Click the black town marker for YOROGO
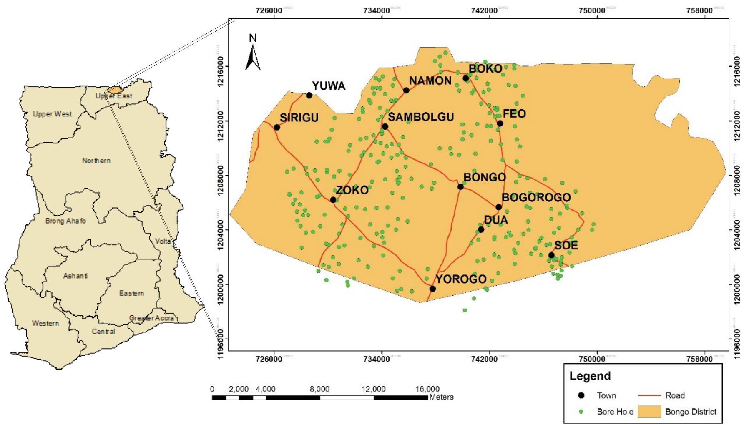click(432, 289)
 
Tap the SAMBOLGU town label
click(421, 117)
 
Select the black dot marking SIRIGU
click(277, 127)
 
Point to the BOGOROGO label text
click(536, 197)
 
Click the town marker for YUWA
click(309, 96)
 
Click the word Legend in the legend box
click(590, 376)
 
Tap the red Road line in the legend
click(649, 395)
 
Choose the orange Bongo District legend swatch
click(649, 412)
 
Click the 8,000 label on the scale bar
click(319, 389)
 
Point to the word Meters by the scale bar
click(441, 397)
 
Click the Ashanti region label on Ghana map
click(75, 276)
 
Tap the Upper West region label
click(52, 114)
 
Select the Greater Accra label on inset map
click(151, 318)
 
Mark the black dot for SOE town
click(551, 255)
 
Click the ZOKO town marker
click(333, 200)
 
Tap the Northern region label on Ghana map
click(96, 161)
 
